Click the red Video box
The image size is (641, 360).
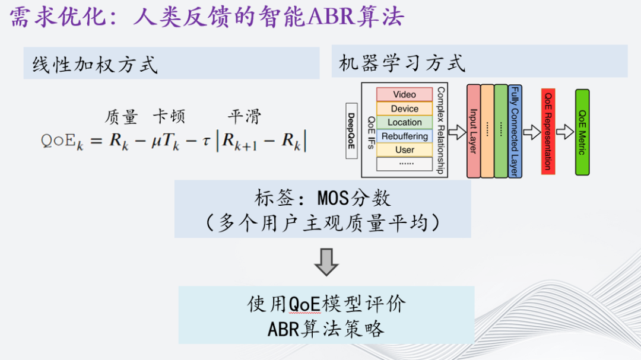coord(404,94)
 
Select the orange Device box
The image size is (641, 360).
coord(404,109)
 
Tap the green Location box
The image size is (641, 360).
coord(404,122)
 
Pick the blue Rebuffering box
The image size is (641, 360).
coord(404,136)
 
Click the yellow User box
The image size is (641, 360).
coord(404,150)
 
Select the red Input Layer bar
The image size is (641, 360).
coord(473,131)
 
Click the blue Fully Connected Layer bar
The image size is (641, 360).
coord(515,131)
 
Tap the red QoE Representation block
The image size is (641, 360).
coord(548,131)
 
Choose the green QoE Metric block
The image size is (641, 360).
coord(582,132)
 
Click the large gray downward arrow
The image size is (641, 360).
coord(326,262)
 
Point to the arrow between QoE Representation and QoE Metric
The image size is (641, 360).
coord(564,132)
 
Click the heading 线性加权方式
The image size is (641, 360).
coord(96,64)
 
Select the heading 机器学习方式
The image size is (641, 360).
coord(402,63)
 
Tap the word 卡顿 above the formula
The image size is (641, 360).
coord(169,116)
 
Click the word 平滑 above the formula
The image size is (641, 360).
coord(244,116)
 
